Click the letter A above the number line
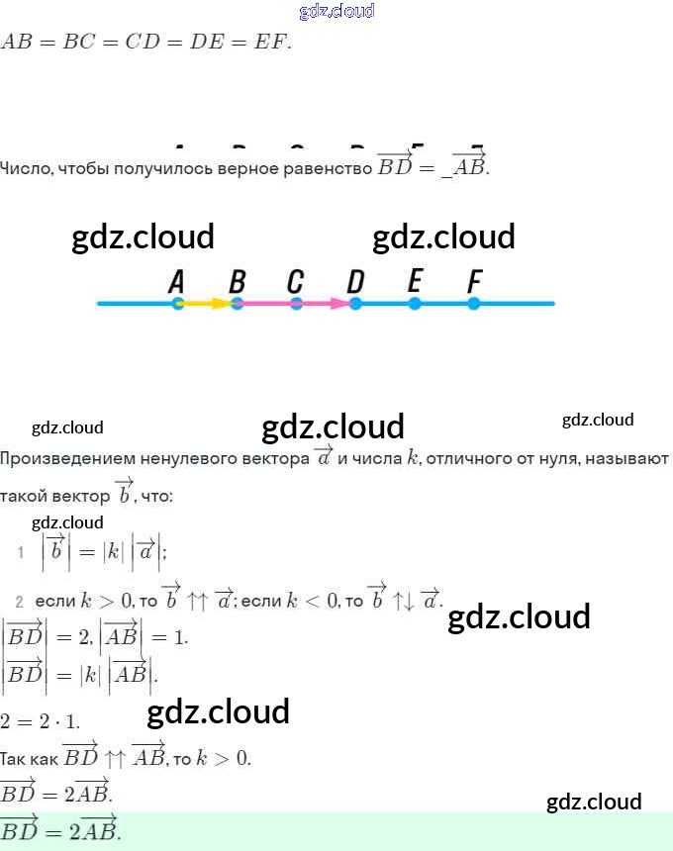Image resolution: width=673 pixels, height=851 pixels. pos(177,282)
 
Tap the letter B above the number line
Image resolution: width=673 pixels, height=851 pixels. pos(237,282)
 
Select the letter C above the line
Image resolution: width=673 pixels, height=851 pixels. pos(295,282)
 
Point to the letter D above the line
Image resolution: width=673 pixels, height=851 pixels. pos(355,282)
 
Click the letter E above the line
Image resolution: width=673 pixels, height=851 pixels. pos(415,282)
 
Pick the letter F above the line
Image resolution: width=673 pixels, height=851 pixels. pos(474,282)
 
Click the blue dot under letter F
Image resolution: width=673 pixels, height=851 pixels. pos(474,304)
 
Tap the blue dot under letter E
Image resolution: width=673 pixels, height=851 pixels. pos(415,304)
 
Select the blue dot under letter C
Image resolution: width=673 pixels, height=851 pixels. pos(296,304)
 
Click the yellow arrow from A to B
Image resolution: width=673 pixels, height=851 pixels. pos(207,304)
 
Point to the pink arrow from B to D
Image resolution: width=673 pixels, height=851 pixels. pos(297,304)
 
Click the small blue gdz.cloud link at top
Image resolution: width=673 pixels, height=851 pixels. pos(336,11)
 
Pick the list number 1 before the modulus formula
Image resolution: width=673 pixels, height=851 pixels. pos(19,551)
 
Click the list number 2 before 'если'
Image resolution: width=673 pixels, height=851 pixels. pos(19,601)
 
